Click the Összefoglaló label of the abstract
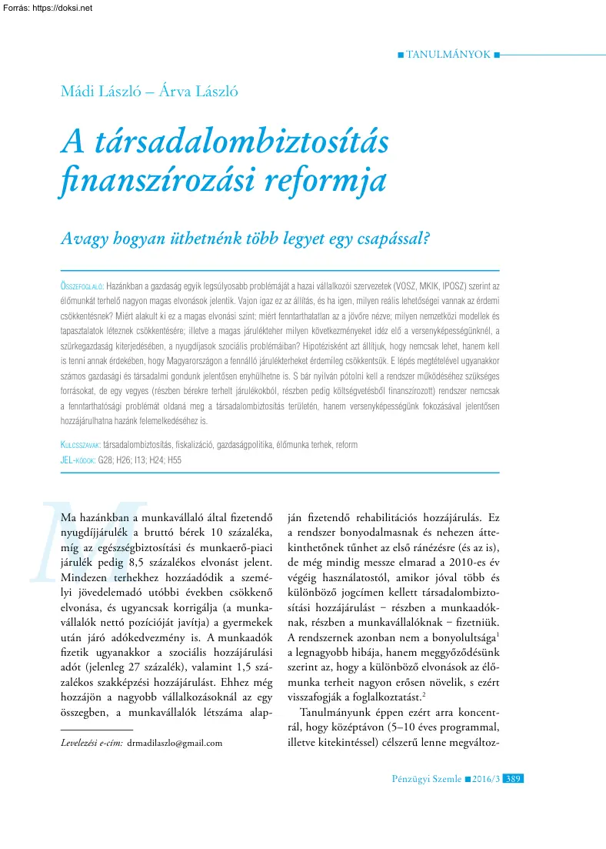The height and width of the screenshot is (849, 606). click(x=81, y=284)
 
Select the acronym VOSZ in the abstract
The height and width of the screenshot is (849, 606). click(x=415, y=284)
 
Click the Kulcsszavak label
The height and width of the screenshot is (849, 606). click(x=80, y=445)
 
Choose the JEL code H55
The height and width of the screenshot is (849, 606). click(x=172, y=460)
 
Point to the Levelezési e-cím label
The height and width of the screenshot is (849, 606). click(x=92, y=743)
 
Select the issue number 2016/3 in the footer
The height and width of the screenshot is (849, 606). click(x=485, y=779)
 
